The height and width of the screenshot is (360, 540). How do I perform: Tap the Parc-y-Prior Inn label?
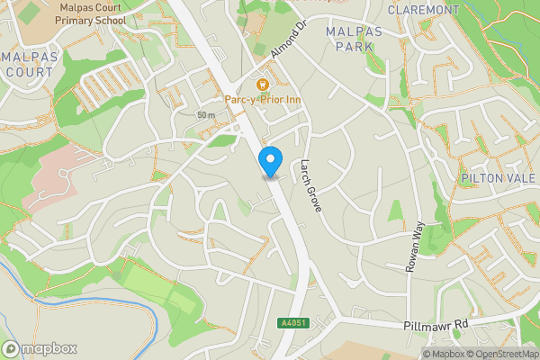pos(262,99)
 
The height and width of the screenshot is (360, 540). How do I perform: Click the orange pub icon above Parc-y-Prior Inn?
pos(263,83)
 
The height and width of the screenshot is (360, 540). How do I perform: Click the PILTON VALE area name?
pos(498,178)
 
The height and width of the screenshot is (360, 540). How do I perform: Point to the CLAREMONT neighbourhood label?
pos(423,10)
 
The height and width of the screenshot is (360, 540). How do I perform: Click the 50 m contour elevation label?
pos(206,115)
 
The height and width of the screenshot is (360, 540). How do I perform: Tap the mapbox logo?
pos(40,348)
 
